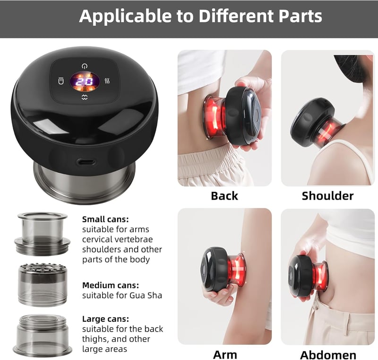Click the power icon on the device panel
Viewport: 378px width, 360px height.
tap(85, 66)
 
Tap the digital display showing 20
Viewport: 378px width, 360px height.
tap(85, 81)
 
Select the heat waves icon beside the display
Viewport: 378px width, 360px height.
tap(107, 81)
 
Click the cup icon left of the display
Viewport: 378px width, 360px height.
tap(61, 81)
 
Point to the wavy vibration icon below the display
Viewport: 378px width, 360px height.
tap(85, 97)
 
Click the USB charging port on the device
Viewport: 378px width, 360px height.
tap(86, 162)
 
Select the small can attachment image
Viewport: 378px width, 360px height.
tap(42, 234)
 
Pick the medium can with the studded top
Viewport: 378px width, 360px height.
tap(43, 285)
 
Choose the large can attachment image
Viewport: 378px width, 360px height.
tap(43, 335)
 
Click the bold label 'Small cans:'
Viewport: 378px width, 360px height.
tap(105, 220)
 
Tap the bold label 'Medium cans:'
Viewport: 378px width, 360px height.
tap(111, 285)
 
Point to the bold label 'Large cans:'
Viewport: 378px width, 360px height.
tap(105, 319)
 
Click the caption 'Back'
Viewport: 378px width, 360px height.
tap(224, 196)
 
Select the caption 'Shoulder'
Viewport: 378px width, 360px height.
tap(327, 196)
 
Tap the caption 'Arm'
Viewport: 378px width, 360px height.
tap(225, 355)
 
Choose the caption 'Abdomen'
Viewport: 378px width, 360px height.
tap(328, 355)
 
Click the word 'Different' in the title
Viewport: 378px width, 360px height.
tap(236, 16)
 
